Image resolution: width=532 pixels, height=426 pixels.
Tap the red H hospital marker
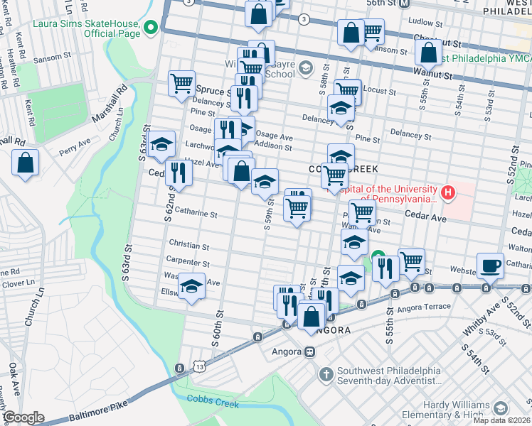pyautogui.click(x=448, y=192)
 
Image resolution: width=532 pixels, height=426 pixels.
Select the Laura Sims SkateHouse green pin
pyautogui.click(x=151, y=28)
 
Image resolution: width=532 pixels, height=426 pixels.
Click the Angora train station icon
pyautogui.click(x=310, y=351)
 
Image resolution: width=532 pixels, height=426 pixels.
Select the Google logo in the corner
pyautogui.click(x=23, y=417)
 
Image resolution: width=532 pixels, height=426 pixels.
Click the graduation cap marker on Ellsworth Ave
pyautogui.click(x=191, y=286)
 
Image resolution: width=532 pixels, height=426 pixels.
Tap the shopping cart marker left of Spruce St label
pyautogui.click(x=182, y=82)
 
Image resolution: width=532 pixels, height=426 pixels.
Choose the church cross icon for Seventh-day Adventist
pyautogui.click(x=326, y=373)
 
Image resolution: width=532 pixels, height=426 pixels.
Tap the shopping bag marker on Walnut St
pyautogui.click(x=429, y=52)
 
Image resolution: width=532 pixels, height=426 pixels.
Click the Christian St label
pyautogui.click(x=188, y=246)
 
